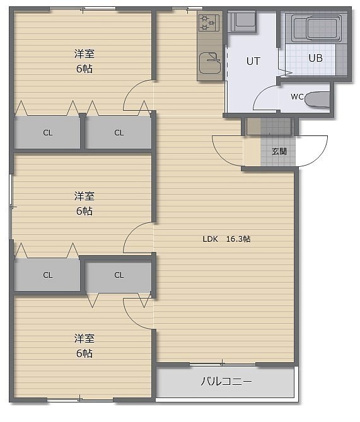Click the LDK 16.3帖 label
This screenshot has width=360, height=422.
pos(226,239)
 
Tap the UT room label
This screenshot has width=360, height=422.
pos(253,61)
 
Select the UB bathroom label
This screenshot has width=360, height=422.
pos(315,58)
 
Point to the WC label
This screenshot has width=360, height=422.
pos(297,96)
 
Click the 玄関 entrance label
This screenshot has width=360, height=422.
pos(279,152)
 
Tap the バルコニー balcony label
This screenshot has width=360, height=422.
pos(226,381)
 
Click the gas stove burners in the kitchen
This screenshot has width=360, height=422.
pos(209,23)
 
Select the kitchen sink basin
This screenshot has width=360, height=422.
pos(210,63)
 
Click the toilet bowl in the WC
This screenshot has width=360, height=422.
pos(317,100)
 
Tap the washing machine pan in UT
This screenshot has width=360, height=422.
pos(241,22)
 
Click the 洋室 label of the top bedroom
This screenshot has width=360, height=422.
pos(84,54)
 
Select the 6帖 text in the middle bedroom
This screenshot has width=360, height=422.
pos(84,211)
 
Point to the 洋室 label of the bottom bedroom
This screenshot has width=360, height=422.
pos(84,338)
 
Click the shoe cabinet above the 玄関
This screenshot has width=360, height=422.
pos(269,126)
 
